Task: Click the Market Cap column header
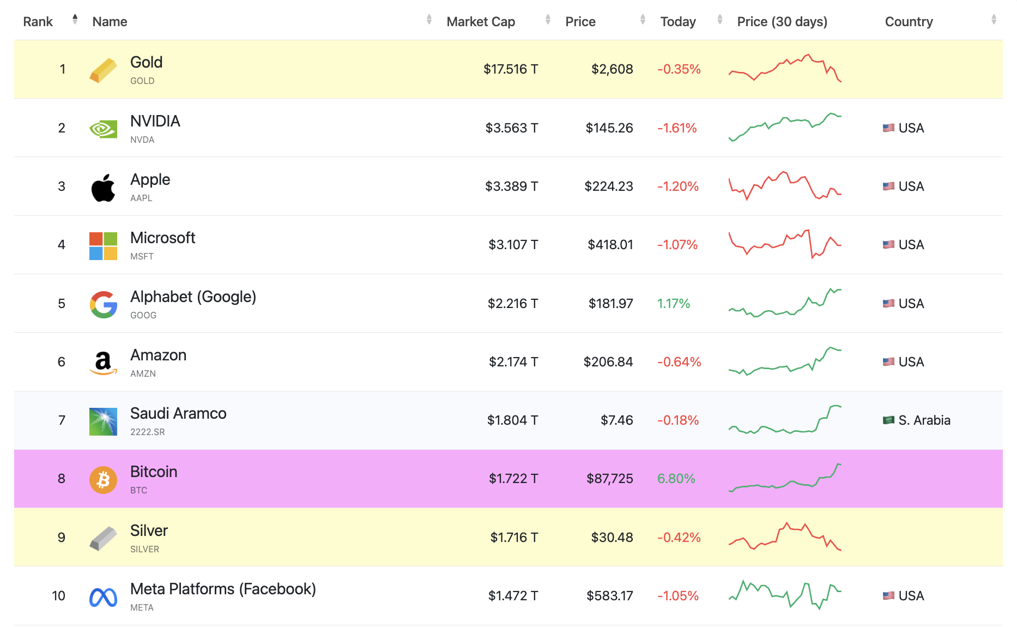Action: click(480, 22)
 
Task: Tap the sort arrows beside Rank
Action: click(75, 20)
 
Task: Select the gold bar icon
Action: click(103, 70)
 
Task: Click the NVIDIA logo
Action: click(103, 129)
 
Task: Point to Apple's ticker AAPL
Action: click(141, 198)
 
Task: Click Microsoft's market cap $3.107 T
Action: click(513, 245)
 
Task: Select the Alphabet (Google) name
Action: click(193, 297)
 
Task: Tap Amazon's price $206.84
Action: click(608, 362)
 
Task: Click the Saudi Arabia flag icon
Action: click(888, 420)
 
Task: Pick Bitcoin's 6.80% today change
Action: click(676, 479)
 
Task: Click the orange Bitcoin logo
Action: click(103, 480)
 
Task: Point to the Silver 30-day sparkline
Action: click(785, 537)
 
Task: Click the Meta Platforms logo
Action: click(103, 598)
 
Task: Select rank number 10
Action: click(58, 596)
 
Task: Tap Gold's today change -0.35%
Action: click(679, 69)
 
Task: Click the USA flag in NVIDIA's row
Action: click(888, 128)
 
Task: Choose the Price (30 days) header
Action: click(782, 22)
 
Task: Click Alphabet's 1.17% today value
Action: click(673, 304)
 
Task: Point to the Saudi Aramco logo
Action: click(103, 421)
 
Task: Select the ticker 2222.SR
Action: click(147, 432)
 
